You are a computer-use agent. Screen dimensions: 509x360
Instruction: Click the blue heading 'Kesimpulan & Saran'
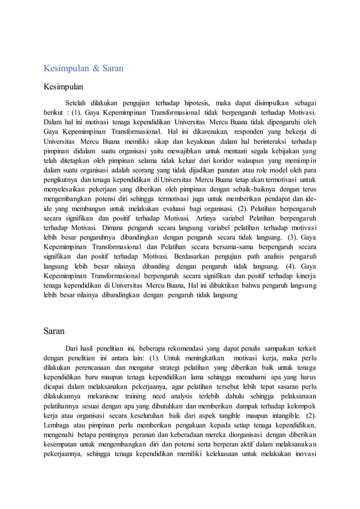84,69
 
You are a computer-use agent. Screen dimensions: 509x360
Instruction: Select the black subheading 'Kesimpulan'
64,87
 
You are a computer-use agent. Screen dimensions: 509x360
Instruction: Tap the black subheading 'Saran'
54,331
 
